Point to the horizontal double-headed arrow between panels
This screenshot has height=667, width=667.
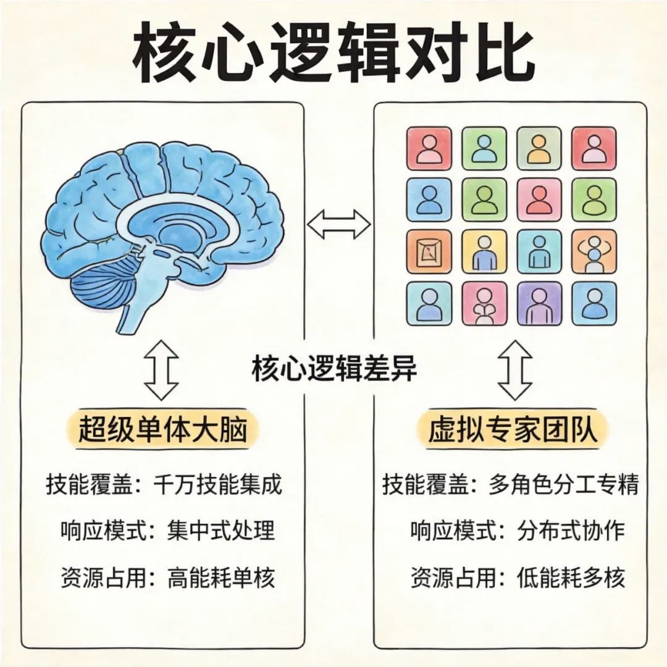coord(338,223)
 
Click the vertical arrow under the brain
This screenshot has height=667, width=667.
coord(162,370)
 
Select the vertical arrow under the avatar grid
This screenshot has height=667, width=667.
coord(515,370)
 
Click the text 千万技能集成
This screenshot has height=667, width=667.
coord(217,485)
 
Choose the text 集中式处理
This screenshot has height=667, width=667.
coord(220,531)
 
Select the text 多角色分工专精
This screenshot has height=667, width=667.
coord(563,485)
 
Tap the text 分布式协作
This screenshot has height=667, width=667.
coord(571,531)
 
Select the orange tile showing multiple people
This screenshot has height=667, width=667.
coord(594,251)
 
